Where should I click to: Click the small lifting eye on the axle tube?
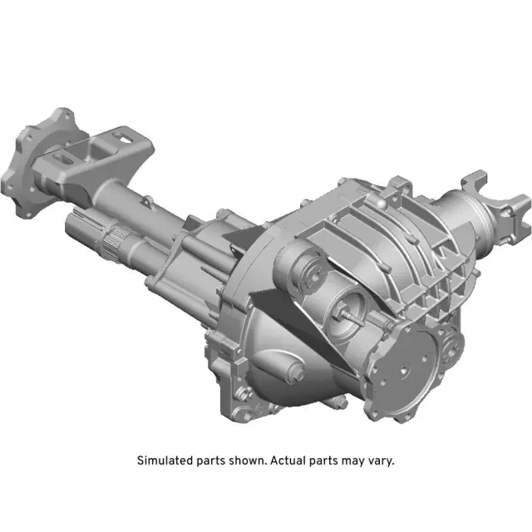click(147, 199)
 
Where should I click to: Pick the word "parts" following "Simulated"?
click(208, 460)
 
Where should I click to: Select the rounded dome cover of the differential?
click(283, 366)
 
